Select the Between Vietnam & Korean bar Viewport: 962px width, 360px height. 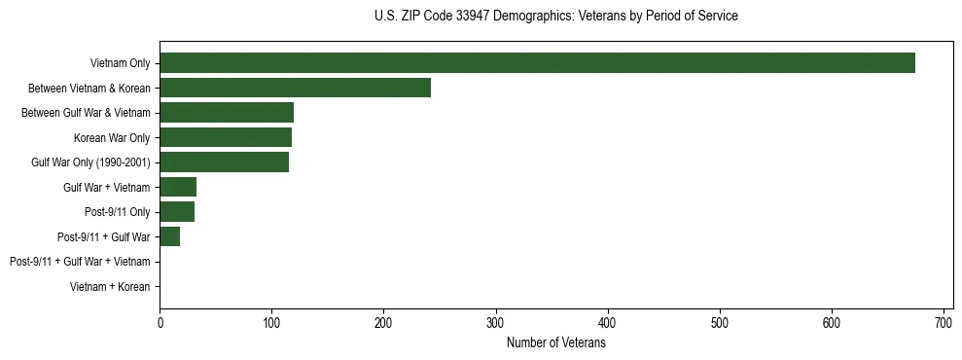tap(295, 88)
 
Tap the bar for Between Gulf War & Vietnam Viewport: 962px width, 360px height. tap(227, 113)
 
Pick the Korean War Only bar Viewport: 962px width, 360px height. tap(226, 137)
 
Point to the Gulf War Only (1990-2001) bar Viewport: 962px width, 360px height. tap(224, 162)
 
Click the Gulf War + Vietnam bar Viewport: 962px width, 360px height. tap(178, 187)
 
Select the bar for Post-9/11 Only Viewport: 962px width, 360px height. tap(177, 211)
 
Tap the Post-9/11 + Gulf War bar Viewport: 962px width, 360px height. tap(170, 236)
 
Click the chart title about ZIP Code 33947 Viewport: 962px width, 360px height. tap(555, 17)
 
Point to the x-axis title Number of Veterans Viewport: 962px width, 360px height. tap(555, 342)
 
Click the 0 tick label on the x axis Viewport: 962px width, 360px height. tap(160, 322)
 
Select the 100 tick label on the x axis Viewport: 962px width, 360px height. tap(271, 322)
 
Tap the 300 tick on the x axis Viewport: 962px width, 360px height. tap(496, 322)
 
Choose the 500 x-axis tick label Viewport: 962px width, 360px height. tap(720, 322)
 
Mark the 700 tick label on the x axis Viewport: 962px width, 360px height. tap(944, 322)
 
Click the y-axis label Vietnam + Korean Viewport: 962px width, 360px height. tap(110, 286)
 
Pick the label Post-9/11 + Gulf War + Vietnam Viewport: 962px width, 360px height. tap(80, 262)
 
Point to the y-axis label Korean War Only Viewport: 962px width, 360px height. tap(112, 138)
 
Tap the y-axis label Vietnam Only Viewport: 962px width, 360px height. tap(120, 64)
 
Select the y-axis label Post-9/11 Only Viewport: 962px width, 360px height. tap(118, 212)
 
